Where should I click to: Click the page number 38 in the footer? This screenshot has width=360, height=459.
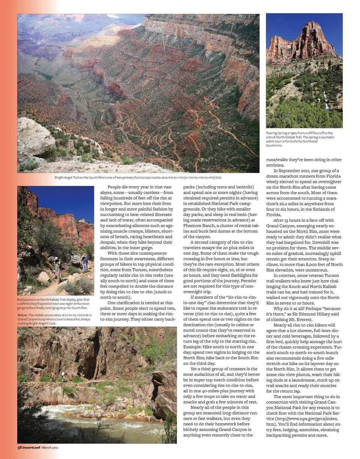click(20, 447)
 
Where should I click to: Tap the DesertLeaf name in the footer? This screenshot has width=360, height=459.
click(31, 447)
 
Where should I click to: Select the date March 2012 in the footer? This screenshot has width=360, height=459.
click(50, 447)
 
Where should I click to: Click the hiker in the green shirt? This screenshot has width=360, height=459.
click(57, 268)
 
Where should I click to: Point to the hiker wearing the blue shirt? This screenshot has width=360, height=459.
click(85, 263)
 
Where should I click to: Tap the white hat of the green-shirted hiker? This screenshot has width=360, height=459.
click(57, 259)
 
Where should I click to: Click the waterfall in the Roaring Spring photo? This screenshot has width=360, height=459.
click(326, 100)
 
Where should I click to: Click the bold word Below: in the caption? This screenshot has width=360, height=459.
click(22, 315)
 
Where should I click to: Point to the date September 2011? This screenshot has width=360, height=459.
click(297, 170)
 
